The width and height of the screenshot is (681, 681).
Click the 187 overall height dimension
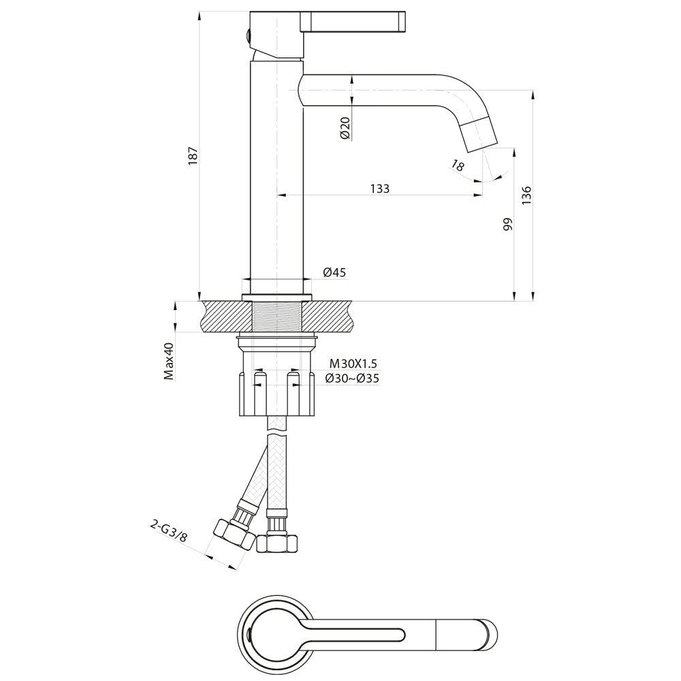coord(193,155)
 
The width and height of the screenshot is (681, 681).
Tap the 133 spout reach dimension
coord(380,189)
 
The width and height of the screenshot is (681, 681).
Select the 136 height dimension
coord(526,195)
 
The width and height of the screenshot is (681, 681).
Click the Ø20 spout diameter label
coord(346,129)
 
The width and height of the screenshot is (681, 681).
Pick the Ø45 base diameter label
coord(334,272)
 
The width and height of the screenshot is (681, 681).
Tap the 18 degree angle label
coord(458,165)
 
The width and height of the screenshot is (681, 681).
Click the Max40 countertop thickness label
coord(169,362)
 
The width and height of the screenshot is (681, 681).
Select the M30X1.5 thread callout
coord(353,364)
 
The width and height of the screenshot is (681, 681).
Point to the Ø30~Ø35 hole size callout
coord(352,379)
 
